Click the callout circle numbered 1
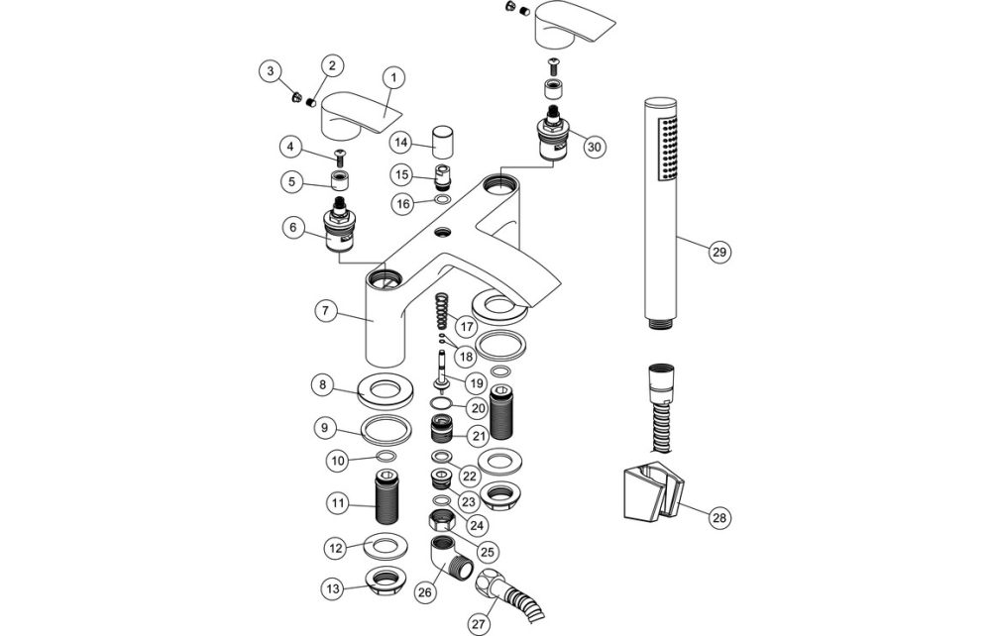pyautogui.click(x=393, y=76)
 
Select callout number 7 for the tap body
pyautogui.click(x=323, y=310)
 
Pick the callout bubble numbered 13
pyautogui.click(x=331, y=588)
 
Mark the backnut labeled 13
pyautogui.click(x=381, y=583)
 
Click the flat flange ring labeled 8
pyautogui.click(x=381, y=390)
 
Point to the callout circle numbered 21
pyautogui.click(x=478, y=435)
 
